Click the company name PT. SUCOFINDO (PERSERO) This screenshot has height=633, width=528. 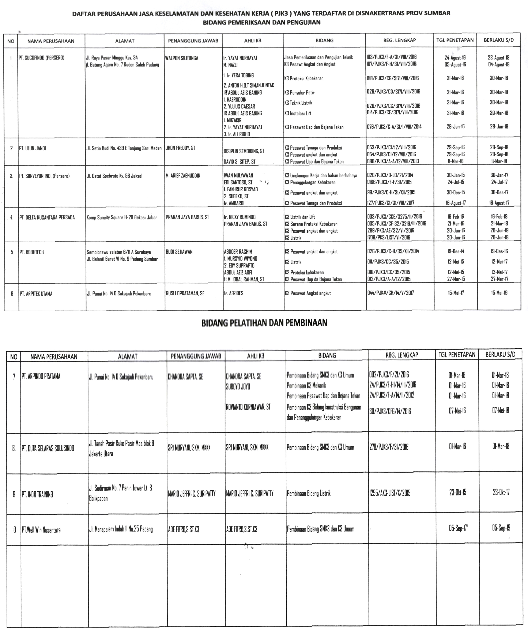pos(41,58)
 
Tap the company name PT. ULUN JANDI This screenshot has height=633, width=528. pos(33,148)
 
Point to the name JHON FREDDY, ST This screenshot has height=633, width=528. pos(180,148)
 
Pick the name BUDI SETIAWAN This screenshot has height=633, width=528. pos(179,252)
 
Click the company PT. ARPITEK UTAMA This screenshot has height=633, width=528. pos(36,294)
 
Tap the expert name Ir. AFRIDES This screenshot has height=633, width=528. pos(234,293)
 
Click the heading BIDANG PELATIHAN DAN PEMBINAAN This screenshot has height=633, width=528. pos(264,323)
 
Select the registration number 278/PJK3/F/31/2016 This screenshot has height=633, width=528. pos(389,447)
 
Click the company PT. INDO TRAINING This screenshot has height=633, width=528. pos(37,494)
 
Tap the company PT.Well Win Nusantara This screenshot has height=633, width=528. pos(41,530)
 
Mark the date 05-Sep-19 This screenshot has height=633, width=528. pos(501,528)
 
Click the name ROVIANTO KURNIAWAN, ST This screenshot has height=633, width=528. pos(248,407)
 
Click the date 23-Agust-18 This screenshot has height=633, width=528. pos(498,58)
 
